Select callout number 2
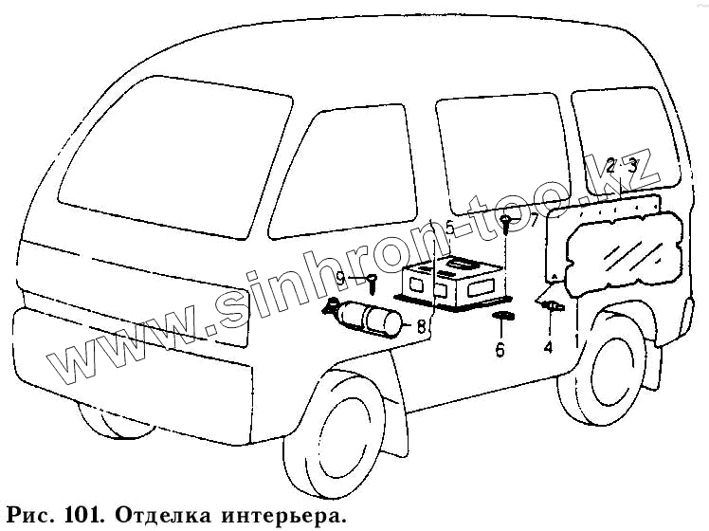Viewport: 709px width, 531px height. tap(611, 164)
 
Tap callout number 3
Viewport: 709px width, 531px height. tap(632, 164)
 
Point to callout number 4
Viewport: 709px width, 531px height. tap(548, 348)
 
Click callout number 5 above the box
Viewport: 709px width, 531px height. tap(450, 228)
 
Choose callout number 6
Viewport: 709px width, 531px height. tap(500, 349)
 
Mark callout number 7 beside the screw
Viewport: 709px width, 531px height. tap(533, 222)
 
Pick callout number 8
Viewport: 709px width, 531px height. tap(420, 326)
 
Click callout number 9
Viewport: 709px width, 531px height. tap(340, 278)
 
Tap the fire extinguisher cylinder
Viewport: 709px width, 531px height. tap(365, 318)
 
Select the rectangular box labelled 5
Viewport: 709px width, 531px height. tap(453, 283)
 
